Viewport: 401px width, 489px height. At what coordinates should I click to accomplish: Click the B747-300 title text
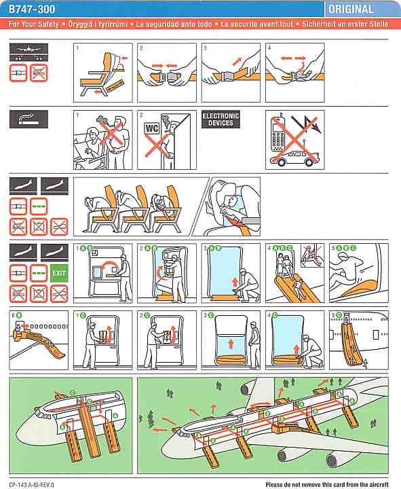tap(32, 9)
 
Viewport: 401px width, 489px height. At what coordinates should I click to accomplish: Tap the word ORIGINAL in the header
tap(351, 10)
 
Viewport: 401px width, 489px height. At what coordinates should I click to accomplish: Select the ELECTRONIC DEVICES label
tap(221, 120)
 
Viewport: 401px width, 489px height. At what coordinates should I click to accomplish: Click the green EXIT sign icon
tap(59, 273)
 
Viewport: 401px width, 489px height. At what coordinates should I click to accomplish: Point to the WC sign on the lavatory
tap(152, 128)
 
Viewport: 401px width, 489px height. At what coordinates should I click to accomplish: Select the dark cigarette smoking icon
tap(28, 119)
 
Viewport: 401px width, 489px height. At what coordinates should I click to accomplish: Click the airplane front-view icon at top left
tap(28, 52)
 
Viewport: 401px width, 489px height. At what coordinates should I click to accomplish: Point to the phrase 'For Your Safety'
tap(33, 24)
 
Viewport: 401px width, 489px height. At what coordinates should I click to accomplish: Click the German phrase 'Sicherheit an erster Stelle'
tap(345, 24)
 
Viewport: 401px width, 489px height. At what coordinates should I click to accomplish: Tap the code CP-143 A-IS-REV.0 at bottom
tap(31, 485)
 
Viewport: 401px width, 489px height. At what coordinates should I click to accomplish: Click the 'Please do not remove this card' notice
tap(327, 484)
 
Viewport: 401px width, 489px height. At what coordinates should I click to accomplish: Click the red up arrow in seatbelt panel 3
tap(237, 61)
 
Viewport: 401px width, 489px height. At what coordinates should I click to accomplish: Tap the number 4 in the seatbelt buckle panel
tap(269, 48)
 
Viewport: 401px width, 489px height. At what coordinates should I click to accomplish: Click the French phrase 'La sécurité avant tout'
tap(256, 24)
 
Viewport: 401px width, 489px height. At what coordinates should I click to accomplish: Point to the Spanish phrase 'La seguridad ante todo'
tap(174, 24)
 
